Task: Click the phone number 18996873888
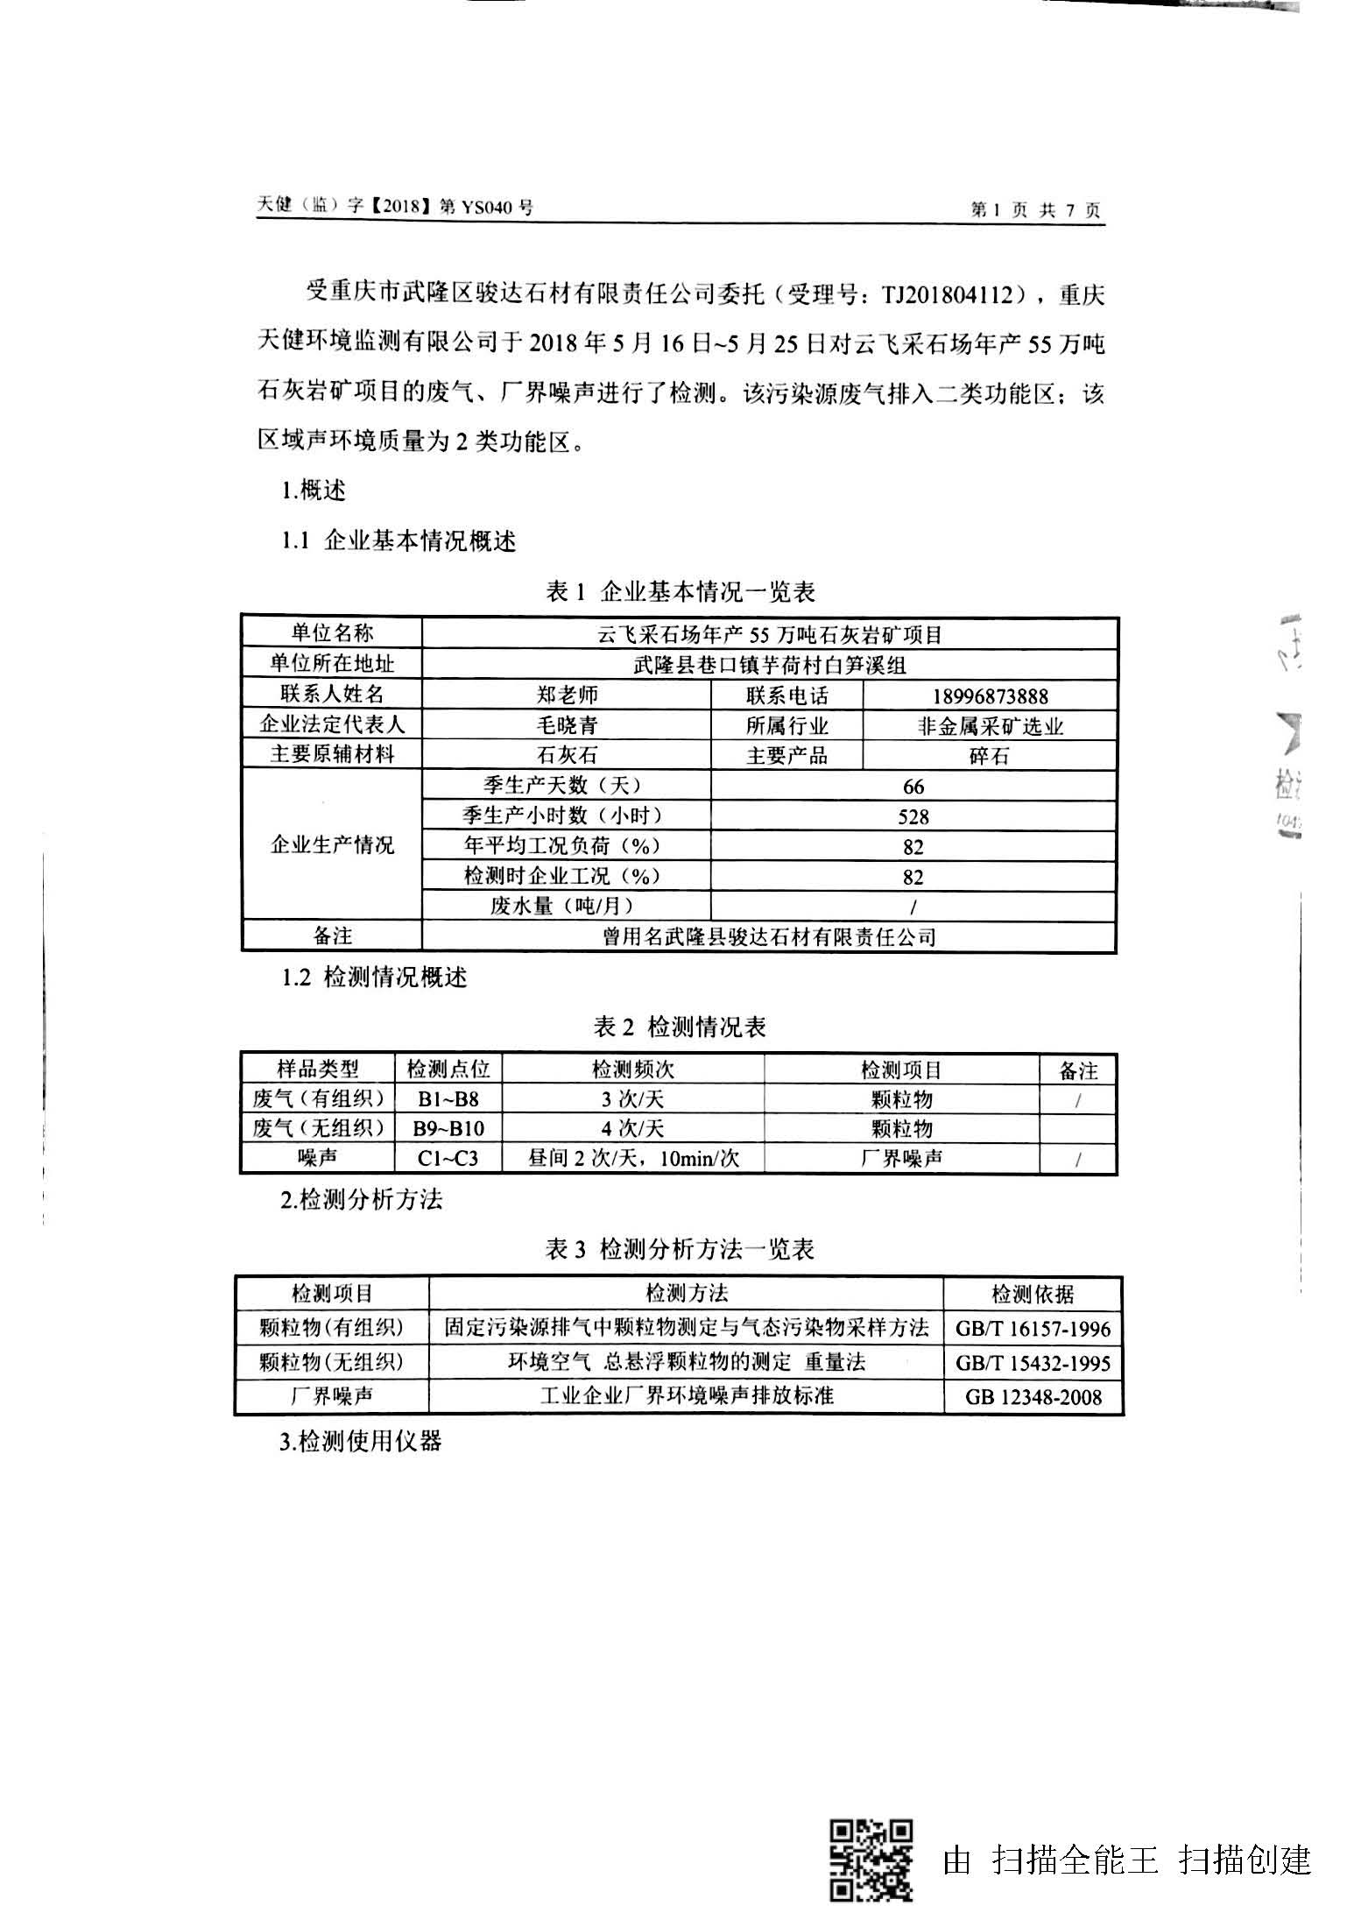[x=990, y=696]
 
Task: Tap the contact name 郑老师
[x=567, y=695]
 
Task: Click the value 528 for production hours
[x=913, y=817]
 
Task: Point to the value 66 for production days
[x=913, y=787]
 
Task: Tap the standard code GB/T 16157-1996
[x=1033, y=1329]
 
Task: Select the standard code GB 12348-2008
[x=1033, y=1396]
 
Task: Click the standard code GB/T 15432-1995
[x=1033, y=1363]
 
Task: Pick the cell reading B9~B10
[x=448, y=1128]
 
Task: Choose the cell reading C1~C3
[x=448, y=1158]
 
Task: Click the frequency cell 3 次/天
[x=632, y=1098]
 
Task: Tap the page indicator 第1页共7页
[x=1036, y=210]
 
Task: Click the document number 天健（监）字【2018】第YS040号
[x=395, y=207]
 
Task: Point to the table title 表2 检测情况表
[x=680, y=1027]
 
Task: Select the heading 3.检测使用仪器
[x=361, y=1441]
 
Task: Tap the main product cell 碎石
[x=990, y=756]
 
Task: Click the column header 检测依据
[x=1033, y=1295]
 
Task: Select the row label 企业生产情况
[x=332, y=845]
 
